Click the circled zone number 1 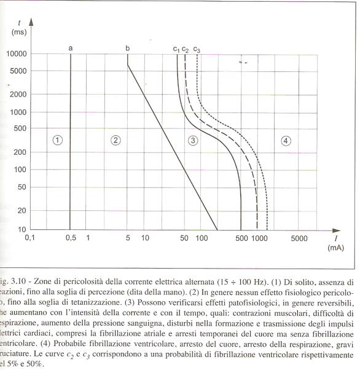57,140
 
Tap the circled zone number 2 114,140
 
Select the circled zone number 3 192,141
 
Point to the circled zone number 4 286,141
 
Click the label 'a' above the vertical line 71,48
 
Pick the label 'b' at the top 127,48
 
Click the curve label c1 176,49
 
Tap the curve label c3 197,49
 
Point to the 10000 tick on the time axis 17,54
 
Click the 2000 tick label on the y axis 19,95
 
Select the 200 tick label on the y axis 21,152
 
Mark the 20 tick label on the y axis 23,210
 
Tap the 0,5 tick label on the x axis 71,238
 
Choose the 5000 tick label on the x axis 299,238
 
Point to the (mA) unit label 336,248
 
